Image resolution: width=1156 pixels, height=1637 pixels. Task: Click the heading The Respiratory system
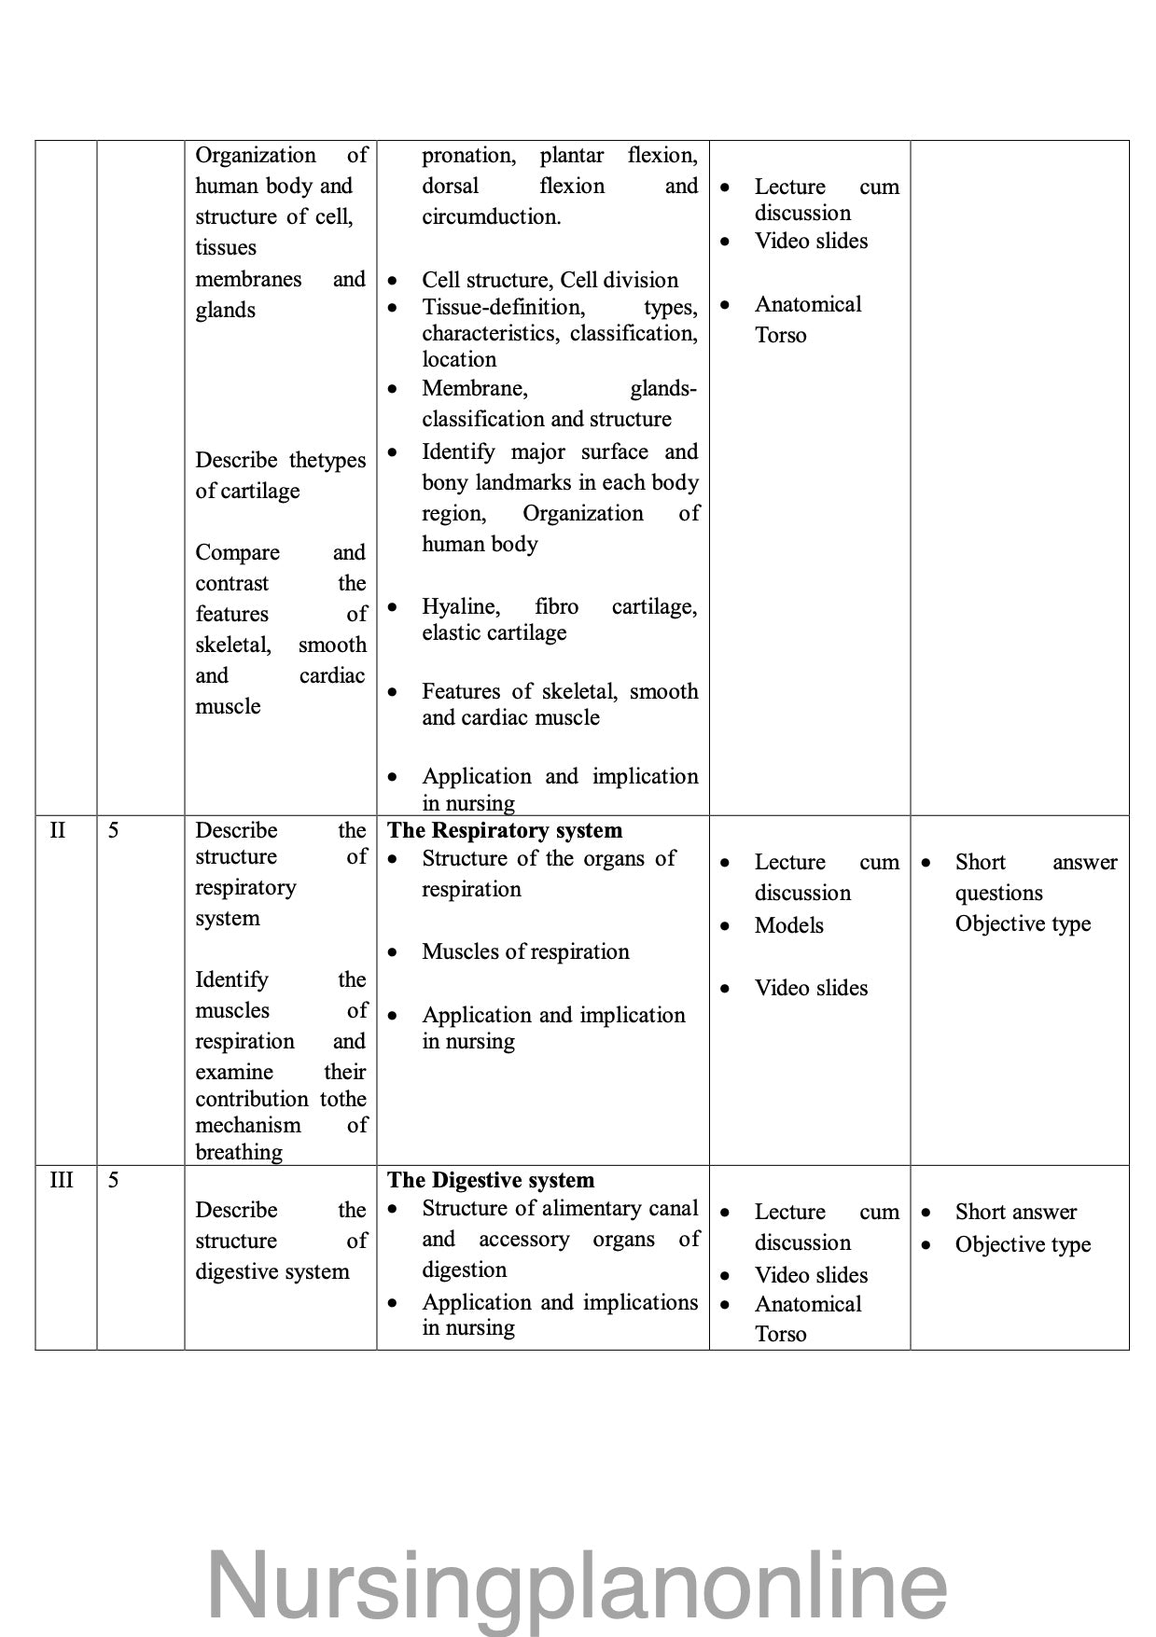504,830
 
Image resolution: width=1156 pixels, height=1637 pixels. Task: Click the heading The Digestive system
490,1180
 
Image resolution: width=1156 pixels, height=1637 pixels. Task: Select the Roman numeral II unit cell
58,830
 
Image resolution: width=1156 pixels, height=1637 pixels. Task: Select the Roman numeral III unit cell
61,1180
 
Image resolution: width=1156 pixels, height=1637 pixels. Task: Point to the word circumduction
491,216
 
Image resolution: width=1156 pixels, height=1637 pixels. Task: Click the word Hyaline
460,606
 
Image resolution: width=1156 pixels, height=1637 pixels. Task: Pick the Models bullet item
788,925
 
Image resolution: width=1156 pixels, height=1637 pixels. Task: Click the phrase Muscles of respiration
525,951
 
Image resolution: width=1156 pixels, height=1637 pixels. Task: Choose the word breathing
238,1152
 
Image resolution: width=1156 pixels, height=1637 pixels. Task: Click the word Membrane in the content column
474,388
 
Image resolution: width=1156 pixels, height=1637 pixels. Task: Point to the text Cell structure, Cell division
550,280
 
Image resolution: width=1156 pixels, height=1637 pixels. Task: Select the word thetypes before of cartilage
327,460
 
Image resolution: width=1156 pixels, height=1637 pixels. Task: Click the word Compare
237,552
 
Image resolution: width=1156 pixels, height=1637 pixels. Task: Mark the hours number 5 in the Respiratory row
113,830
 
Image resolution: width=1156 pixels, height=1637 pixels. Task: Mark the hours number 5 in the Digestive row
113,1180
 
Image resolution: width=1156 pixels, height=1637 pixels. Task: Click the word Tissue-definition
503,307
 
